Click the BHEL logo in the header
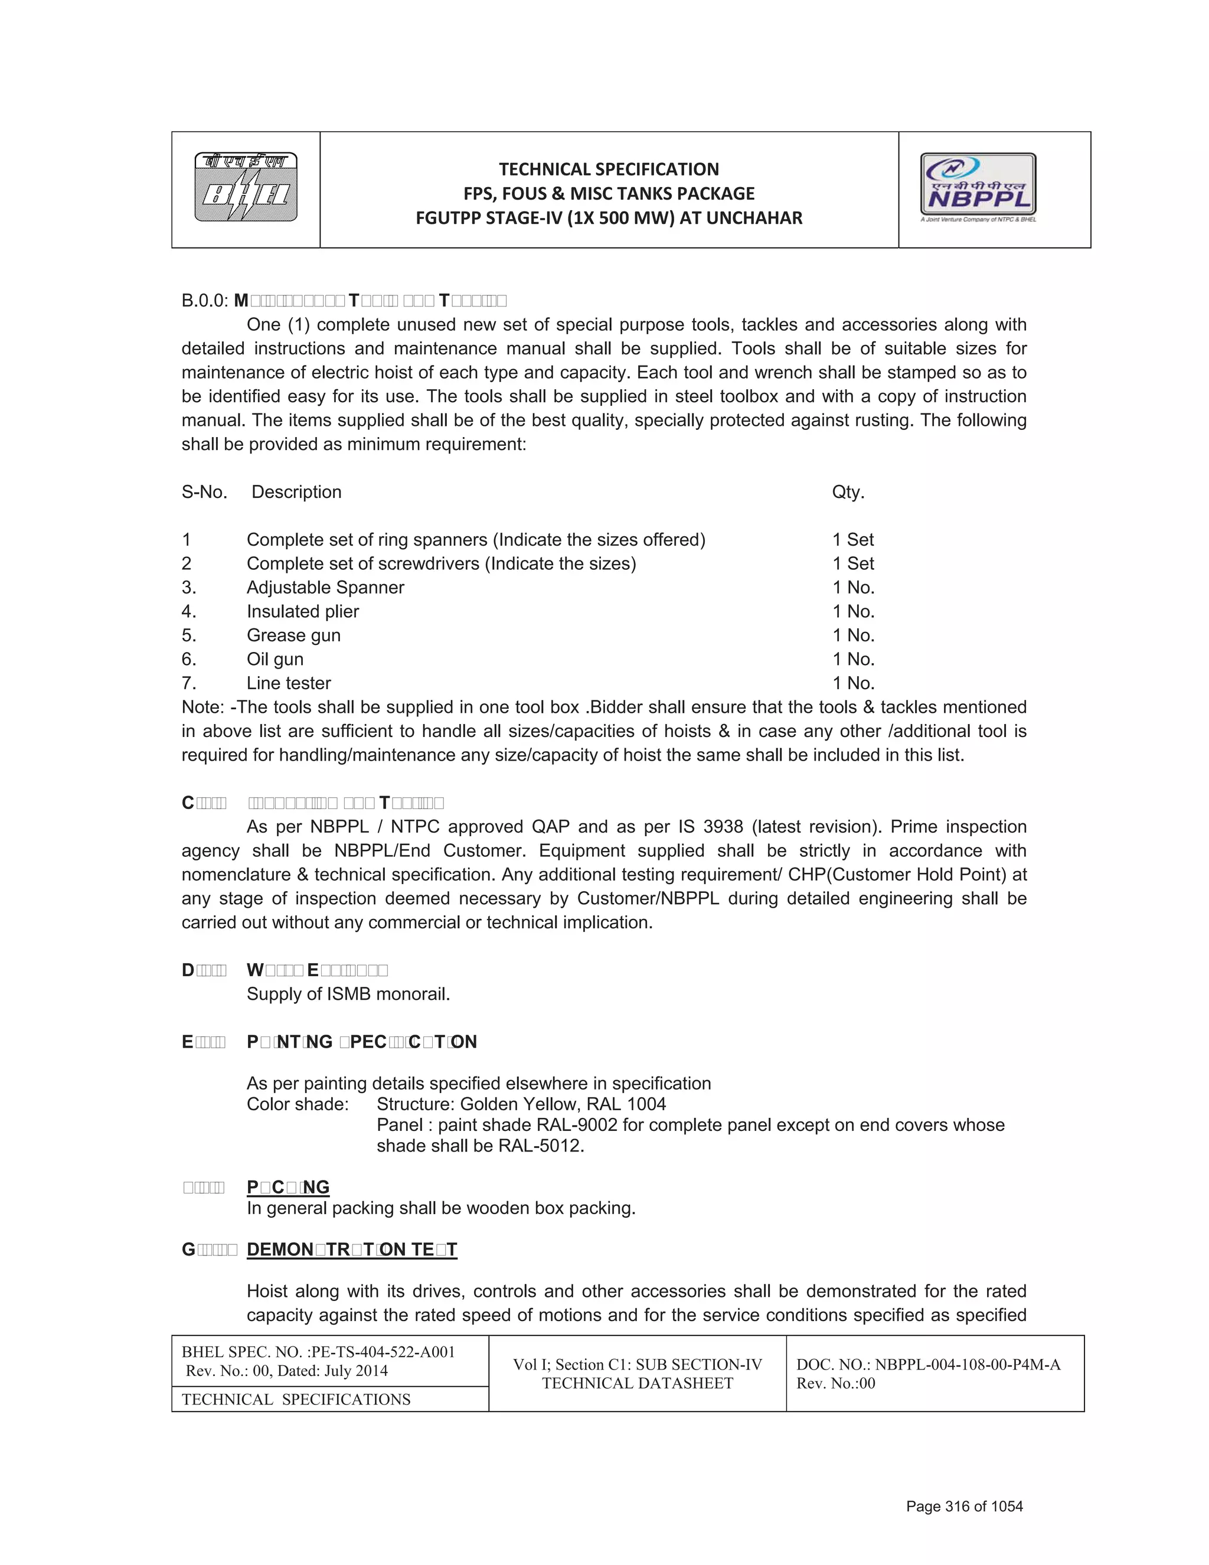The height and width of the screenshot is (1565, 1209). [246, 188]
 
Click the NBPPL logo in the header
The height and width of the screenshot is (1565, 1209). [978, 187]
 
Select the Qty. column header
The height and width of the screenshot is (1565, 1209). [848, 493]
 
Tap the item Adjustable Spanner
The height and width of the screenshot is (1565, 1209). [325, 588]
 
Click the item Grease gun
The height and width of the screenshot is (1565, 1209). [293, 635]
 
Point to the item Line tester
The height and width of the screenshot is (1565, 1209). [289, 684]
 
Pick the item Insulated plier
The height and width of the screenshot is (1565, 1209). [302, 612]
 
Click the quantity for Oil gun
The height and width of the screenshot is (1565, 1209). [853, 659]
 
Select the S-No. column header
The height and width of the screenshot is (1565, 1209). [204, 493]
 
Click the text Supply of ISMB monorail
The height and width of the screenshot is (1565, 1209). [348, 995]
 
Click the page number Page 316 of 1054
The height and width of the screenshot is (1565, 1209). [964, 1507]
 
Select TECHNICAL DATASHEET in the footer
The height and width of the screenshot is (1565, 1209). [638, 1384]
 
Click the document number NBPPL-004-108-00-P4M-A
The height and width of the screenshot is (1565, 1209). [968, 1364]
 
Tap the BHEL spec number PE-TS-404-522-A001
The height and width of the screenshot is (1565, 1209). [384, 1352]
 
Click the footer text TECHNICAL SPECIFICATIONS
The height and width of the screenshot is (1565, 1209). [296, 1400]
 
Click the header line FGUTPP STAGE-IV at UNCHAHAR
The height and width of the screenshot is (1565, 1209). [609, 218]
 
